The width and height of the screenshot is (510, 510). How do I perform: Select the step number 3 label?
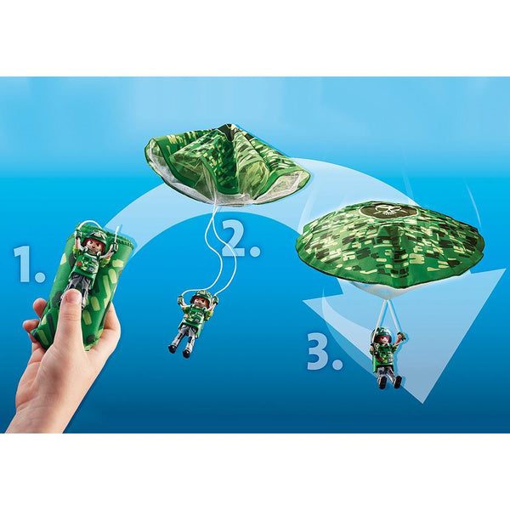coord(324,351)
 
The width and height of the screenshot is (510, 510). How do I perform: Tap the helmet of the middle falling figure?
coord(202,297)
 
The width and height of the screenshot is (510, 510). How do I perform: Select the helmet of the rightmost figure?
coord(384,333)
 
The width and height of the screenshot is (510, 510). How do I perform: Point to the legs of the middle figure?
coord(184,337)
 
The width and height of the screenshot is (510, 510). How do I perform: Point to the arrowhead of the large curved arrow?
coord(425,374)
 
